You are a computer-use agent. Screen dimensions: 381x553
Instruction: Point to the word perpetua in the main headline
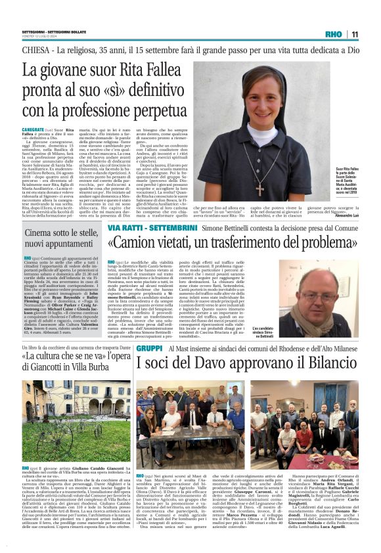[148, 110]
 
